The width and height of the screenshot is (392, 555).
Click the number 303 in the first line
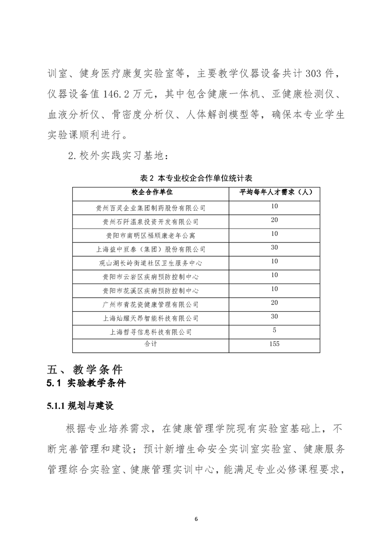[305, 74]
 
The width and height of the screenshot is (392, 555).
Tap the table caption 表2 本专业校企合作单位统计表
[196, 178]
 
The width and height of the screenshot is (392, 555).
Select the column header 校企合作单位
[150, 191]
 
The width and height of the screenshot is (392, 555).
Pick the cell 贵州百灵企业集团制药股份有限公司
[150, 208]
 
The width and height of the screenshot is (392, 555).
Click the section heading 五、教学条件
[85, 370]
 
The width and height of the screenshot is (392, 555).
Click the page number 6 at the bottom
[196, 519]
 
